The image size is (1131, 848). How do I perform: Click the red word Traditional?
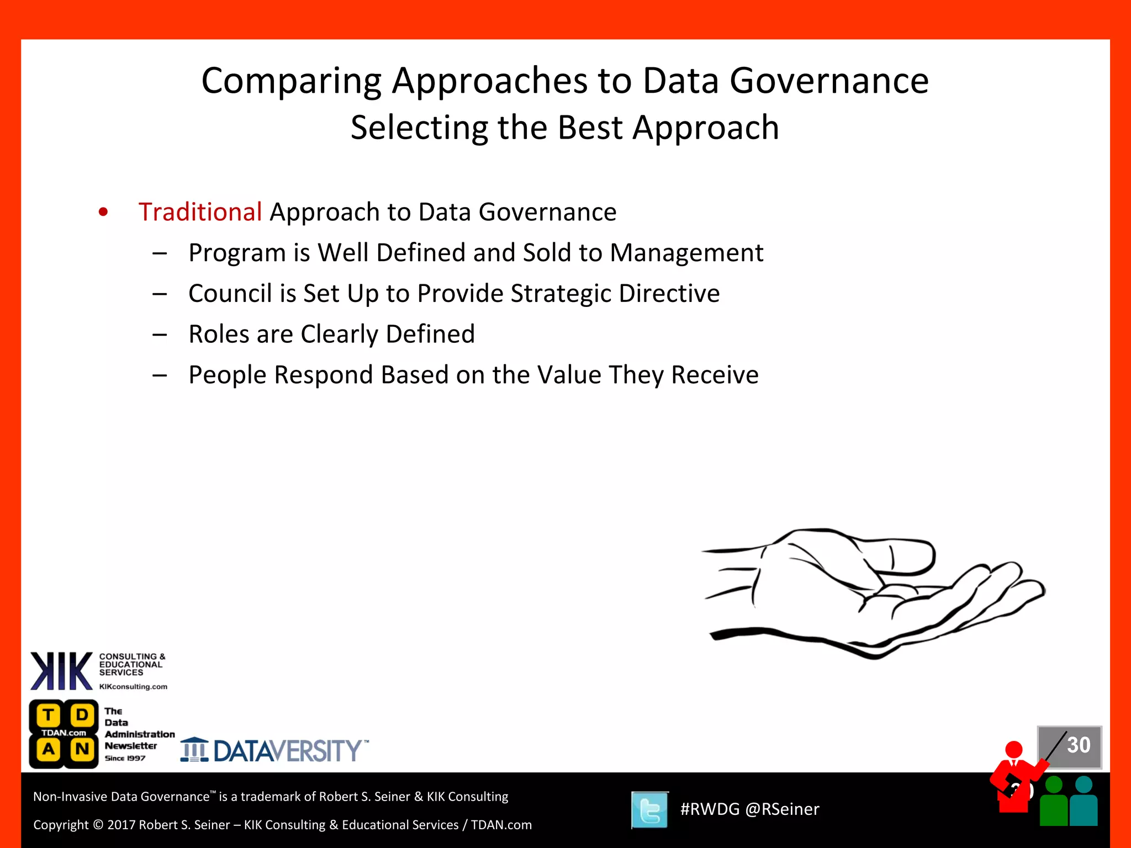[200, 212]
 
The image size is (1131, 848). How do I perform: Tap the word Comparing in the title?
[291, 81]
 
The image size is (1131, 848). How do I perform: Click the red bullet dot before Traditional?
[103, 212]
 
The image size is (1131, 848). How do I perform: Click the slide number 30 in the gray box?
[1078, 745]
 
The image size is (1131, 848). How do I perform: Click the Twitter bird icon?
[650, 810]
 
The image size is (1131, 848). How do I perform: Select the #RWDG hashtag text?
[710, 809]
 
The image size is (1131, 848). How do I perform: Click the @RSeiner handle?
[782, 809]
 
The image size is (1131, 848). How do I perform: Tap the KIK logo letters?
[61, 671]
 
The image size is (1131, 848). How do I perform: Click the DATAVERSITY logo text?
[287, 751]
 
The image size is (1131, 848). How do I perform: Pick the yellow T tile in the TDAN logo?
[49, 715]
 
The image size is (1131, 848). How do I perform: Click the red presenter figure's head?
[1014, 750]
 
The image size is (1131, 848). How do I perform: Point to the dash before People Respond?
[160, 375]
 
